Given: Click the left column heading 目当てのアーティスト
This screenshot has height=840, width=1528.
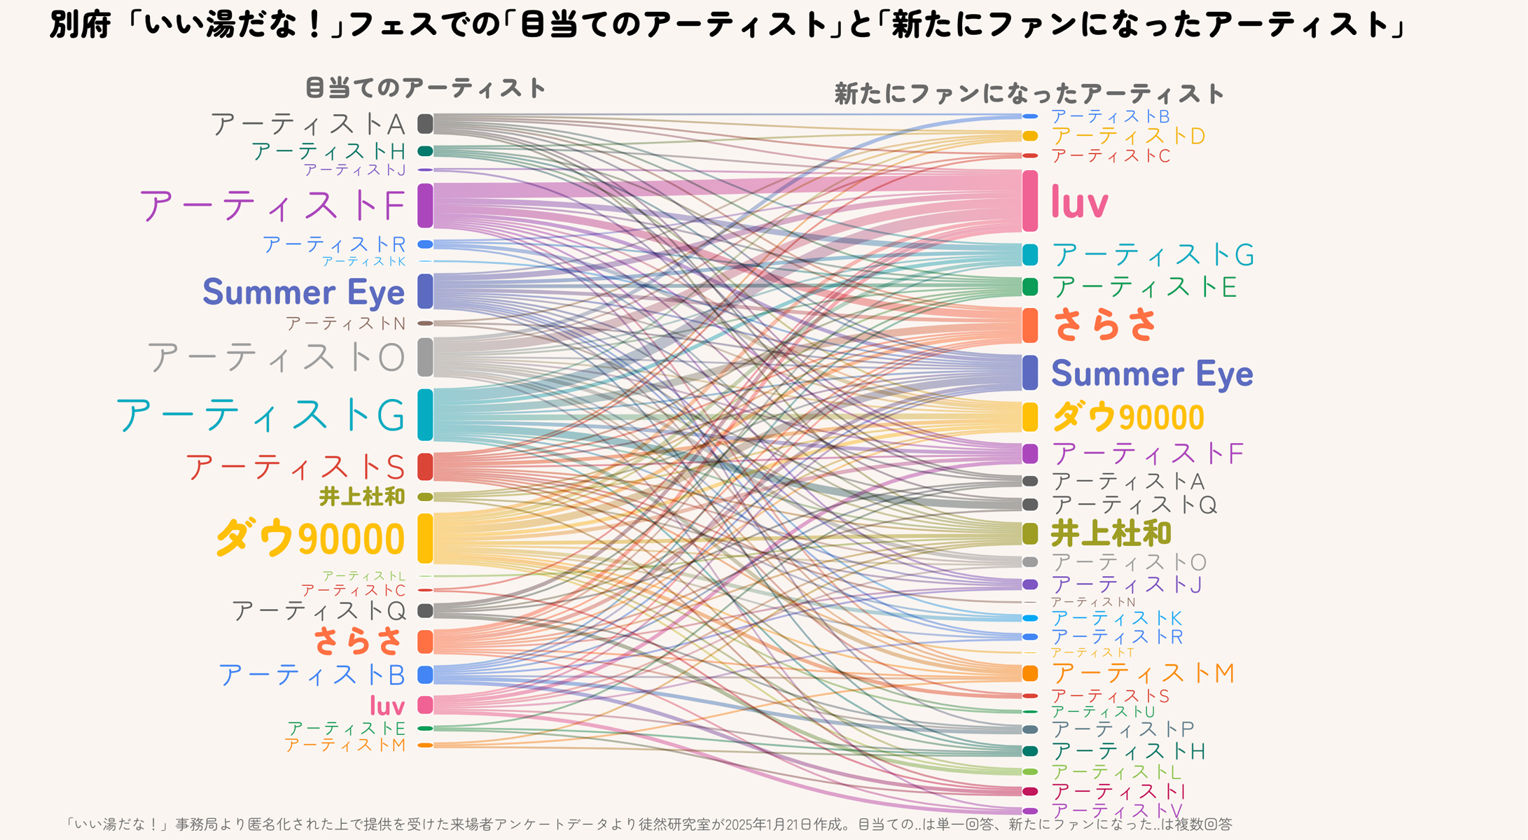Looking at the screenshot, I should [426, 88].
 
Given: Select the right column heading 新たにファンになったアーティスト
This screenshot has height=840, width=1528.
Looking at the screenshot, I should [1029, 94].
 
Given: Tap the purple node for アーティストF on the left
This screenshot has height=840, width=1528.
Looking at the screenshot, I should [425, 205].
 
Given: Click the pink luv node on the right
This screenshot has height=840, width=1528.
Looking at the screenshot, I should [1029, 201].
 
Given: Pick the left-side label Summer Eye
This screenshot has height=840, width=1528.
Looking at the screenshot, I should [303, 292].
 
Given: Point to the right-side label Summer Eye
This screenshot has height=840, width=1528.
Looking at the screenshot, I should [1152, 373].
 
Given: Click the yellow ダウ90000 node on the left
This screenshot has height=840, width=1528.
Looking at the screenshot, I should [425, 538].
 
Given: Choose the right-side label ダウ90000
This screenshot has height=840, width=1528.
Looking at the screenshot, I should [1127, 417].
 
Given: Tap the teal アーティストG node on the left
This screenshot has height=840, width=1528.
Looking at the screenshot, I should [425, 415].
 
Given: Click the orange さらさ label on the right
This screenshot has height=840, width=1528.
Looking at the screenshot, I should [1104, 325].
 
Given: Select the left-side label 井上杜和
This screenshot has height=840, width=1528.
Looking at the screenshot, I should [362, 497].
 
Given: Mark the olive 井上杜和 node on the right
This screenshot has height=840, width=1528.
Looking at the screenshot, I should [1029, 533].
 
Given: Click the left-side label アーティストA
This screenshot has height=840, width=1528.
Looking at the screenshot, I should [308, 125].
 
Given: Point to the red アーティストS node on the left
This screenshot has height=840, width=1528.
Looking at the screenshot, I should [425, 466].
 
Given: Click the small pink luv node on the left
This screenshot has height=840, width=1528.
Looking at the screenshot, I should [425, 704].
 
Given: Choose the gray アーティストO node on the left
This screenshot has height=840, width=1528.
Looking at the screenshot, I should [425, 357].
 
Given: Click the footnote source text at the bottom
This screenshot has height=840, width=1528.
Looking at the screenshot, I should [648, 825].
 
